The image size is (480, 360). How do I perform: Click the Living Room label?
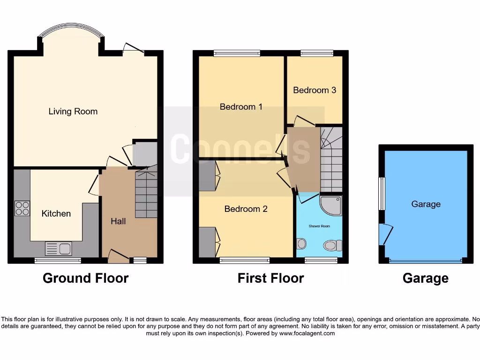(73, 112)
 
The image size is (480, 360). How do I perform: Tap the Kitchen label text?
(56, 214)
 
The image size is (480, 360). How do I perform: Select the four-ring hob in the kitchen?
(22, 208)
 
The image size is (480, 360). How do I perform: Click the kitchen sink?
(59, 248)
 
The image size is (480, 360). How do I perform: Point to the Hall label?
(118, 221)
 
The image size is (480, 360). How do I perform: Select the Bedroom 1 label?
(241, 107)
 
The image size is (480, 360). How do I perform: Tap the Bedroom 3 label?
(315, 90)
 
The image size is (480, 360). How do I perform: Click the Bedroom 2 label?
(246, 209)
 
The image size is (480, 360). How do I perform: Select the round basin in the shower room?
(302, 243)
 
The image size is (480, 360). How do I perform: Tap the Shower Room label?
(319, 226)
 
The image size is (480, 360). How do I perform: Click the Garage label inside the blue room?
(426, 204)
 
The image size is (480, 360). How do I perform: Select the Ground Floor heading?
(85, 278)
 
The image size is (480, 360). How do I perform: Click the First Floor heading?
(270, 278)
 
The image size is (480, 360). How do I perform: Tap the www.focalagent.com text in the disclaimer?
(307, 334)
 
